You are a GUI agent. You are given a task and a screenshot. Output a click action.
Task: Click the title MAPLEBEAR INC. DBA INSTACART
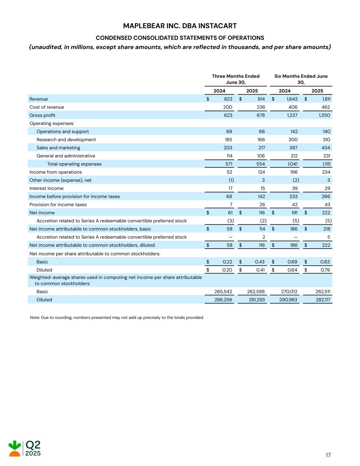[180, 26]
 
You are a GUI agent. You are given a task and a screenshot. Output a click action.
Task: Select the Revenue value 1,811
[326, 99]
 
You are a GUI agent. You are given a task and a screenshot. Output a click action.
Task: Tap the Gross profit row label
[42, 115]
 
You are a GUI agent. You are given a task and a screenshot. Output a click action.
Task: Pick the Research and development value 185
[228, 140]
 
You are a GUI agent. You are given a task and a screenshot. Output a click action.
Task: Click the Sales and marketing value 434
[326, 148]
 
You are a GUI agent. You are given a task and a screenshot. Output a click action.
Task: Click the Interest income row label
[46, 188]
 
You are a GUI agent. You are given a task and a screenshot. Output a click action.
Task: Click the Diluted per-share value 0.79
[326, 270]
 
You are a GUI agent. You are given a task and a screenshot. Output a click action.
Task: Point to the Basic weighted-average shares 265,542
[223, 292]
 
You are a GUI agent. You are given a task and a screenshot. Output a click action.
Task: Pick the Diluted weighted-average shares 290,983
[288, 300]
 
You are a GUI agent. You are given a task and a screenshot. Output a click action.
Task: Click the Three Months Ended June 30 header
[235, 79]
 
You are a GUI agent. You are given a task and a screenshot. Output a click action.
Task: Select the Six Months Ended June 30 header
[301, 79]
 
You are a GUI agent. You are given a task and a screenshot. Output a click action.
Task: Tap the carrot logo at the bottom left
[15, 449]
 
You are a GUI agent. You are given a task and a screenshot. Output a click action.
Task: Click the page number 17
[328, 455]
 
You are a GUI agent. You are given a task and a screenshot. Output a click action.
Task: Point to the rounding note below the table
[117, 317]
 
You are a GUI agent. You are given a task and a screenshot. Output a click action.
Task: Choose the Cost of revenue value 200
[228, 107]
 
